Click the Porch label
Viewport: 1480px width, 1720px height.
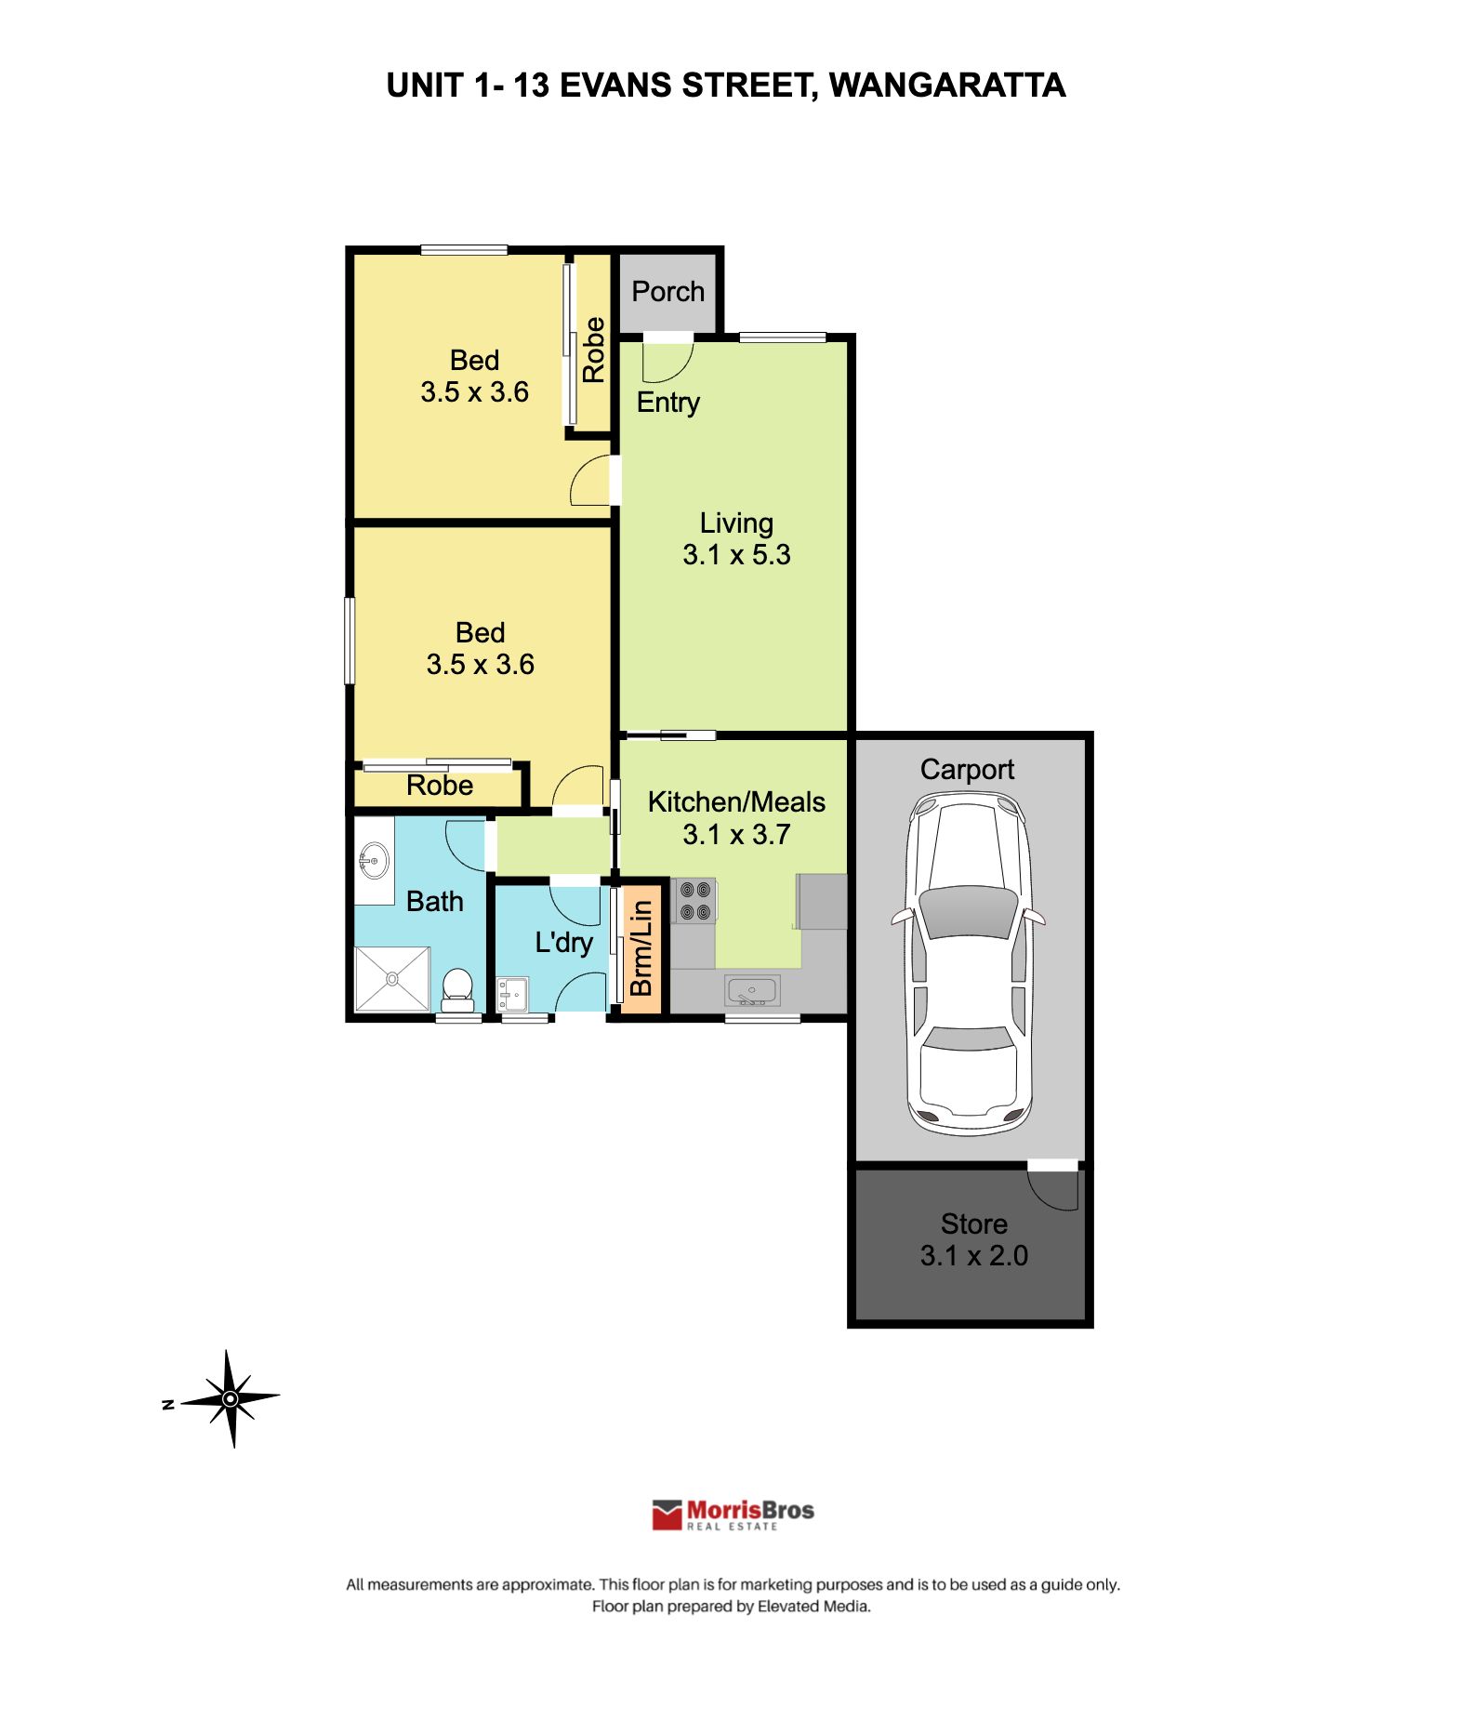pos(667,291)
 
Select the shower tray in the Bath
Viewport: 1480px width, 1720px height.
pos(392,978)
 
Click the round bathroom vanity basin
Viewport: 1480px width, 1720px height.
pos(374,860)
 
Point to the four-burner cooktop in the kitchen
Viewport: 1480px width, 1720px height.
pos(694,900)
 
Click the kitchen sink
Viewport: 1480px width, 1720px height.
pos(752,991)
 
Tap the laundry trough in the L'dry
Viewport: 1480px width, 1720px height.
pos(511,994)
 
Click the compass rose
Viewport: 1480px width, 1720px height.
pos(231,1398)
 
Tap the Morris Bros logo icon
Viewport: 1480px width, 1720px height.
pos(667,1515)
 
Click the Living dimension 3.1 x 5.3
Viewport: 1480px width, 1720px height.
pos(736,555)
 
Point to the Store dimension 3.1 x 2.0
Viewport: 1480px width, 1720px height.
pos(973,1255)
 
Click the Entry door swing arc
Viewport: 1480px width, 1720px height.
pos(667,363)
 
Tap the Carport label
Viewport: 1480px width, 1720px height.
pos(967,769)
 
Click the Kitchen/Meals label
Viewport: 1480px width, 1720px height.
pos(736,801)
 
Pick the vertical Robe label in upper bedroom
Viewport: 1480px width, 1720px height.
pos(593,350)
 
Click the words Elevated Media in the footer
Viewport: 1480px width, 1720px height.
pos(813,1606)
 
